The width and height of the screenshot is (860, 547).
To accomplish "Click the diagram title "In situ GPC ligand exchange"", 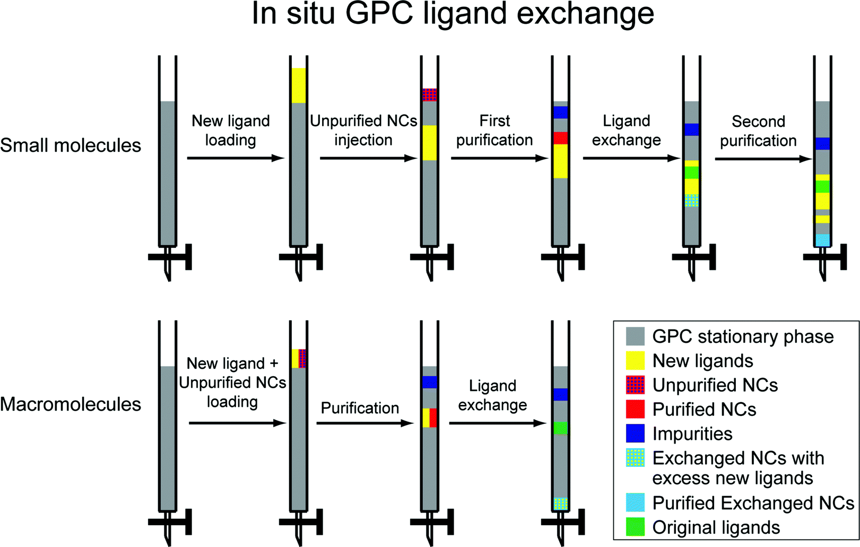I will [453, 14].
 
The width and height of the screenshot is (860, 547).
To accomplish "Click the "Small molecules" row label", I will [71, 145].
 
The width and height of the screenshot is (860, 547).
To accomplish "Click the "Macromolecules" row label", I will [71, 404].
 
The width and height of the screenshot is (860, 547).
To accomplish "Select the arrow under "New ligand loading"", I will [236, 158].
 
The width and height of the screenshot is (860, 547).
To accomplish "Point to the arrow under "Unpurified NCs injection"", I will [368, 158].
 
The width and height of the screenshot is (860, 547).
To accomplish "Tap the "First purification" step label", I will [494, 131].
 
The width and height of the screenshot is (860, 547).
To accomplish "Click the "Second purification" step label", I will [758, 131].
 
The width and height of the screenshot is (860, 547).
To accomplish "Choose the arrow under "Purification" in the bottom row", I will [364, 423].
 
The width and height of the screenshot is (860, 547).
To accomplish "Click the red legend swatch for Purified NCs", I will [635, 409].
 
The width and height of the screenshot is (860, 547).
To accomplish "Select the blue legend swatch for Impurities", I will [635, 433].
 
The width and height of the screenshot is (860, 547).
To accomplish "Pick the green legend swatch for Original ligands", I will [635, 527].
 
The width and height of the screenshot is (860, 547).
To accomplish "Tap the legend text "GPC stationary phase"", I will [743, 336].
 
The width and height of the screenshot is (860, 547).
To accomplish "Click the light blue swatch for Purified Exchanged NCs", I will [635, 502].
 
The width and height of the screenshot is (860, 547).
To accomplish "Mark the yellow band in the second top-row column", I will [299, 85].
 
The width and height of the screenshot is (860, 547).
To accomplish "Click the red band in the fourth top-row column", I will [560, 138].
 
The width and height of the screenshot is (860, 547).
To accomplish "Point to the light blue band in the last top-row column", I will [822, 240].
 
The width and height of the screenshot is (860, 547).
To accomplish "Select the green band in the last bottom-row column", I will [560, 428].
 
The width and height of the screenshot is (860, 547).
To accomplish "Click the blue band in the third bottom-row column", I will [429, 382].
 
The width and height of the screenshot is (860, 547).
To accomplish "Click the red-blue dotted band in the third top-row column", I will [429, 95].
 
